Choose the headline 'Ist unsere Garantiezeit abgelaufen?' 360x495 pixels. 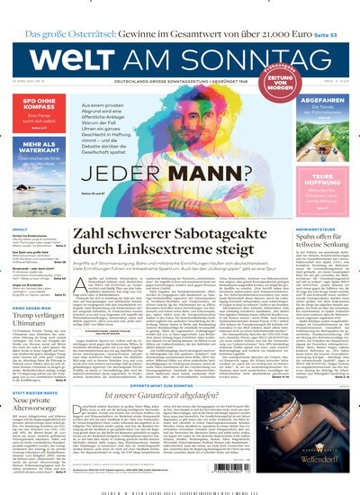[x=181, y=394]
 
